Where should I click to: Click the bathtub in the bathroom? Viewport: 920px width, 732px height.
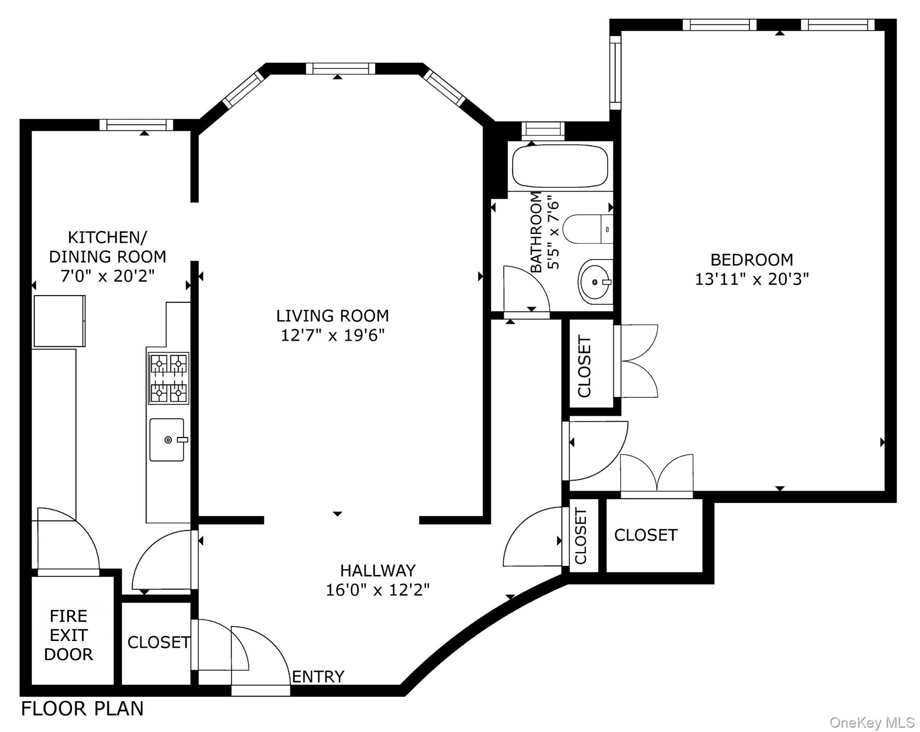pyautogui.click(x=560, y=167)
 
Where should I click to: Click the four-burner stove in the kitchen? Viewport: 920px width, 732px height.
pyautogui.click(x=168, y=378)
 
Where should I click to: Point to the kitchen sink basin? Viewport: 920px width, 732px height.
pyautogui.click(x=167, y=440)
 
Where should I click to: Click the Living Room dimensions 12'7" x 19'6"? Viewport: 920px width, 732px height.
pyautogui.click(x=333, y=335)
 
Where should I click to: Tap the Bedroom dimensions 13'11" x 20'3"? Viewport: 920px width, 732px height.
pyautogui.click(x=751, y=279)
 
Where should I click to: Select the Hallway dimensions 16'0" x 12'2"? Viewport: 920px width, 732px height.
pyautogui.click(x=378, y=589)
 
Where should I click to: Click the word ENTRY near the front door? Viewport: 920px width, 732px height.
pyautogui.click(x=318, y=676)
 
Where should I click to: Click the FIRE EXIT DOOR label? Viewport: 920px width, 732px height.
pyautogui.click(x=69, y=635)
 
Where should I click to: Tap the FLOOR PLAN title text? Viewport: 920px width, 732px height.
pyautogui.click(x=82, y=709)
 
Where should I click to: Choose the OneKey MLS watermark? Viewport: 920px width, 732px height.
pyautogui.click(x=872, y=722)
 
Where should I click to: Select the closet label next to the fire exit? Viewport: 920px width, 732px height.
pyautogui.click(x=158, y=642)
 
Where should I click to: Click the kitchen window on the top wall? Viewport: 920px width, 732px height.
pyautogui.click(x=136, y=125)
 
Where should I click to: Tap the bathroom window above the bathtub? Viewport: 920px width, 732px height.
pyautogui.click(x=543, y=130)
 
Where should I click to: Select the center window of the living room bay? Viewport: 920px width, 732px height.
pyautogui.click(x=340, y=69)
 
